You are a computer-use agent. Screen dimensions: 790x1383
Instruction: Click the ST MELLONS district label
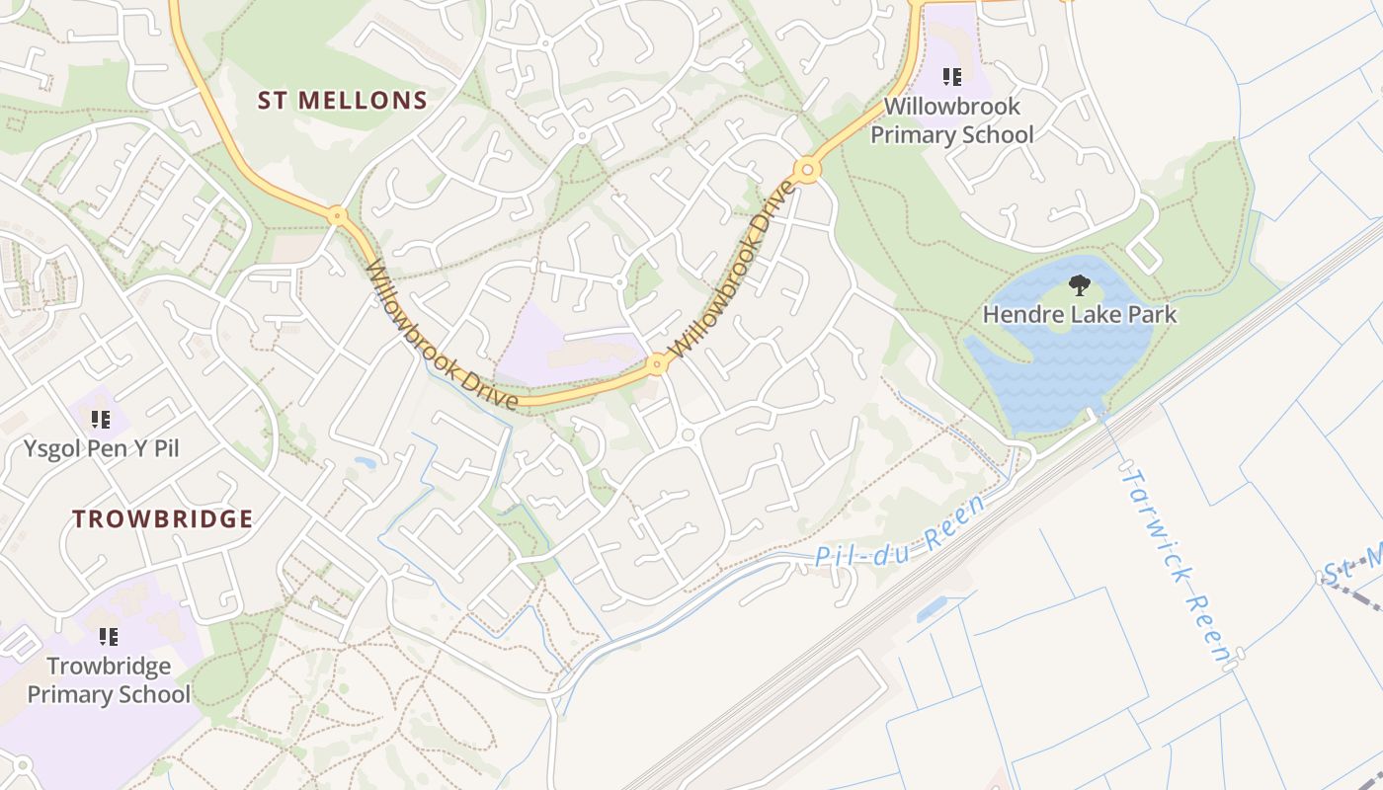(x=343, y=100)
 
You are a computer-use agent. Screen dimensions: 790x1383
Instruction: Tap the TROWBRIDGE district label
(x=163, y=519)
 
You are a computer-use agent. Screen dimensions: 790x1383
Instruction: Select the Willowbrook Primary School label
(x=952, y=120)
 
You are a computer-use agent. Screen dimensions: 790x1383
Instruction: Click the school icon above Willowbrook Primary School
(x=952, y=77)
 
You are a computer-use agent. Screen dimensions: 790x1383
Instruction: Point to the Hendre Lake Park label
(x=1080, y=315)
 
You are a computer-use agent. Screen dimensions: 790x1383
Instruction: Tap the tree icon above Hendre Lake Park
(x=1080, y=286)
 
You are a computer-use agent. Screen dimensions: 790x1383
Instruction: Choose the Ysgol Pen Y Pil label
(x=102, y=448)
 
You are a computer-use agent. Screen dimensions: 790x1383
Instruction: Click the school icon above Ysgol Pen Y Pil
(x=101, y=420)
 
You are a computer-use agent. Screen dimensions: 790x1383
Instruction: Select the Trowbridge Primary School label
(x=109, y=680)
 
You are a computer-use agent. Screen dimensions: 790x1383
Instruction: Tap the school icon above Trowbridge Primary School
(x=109, y=637)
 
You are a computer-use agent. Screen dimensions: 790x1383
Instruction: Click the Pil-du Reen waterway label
(x=899, y=533)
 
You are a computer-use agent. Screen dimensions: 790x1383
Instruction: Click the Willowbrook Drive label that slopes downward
(x=441, y=336)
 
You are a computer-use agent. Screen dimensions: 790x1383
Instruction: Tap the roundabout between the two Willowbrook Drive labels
(x=657, y=365)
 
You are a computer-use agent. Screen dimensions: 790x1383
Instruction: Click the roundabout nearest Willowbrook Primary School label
(x=808, y=170)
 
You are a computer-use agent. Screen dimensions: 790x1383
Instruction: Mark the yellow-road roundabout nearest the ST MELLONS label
(x=337, y=214)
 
